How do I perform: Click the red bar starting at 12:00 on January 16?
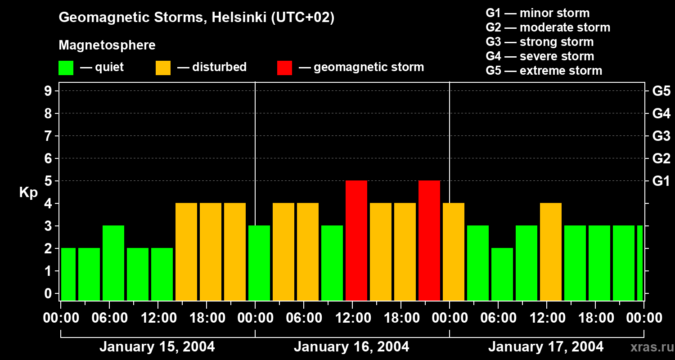(x=356, y=240)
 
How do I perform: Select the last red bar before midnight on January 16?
(x=429, y=240)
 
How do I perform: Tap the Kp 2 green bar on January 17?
(x=502, y=274)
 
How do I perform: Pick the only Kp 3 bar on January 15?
(x=113, y=263)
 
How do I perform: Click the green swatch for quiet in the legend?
(x=66, y=67)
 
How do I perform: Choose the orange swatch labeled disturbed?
(x=163, y=67)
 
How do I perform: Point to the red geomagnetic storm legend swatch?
(x=285, y=67)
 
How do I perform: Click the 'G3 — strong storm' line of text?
(x=540, y=42)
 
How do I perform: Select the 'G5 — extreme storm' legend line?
(x=544, y=71)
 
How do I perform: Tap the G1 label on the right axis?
(x=661, y=181)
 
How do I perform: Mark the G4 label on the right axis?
(x=661, y=113)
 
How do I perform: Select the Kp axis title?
(x=28, y=193)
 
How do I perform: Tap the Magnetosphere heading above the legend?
(x=107, y=45)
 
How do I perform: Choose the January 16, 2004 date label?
(x=351, y=347)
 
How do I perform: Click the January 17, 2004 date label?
(x=546, y=347)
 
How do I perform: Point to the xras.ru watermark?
(x=650, y=347)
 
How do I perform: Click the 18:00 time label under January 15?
(x=207, y=318)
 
